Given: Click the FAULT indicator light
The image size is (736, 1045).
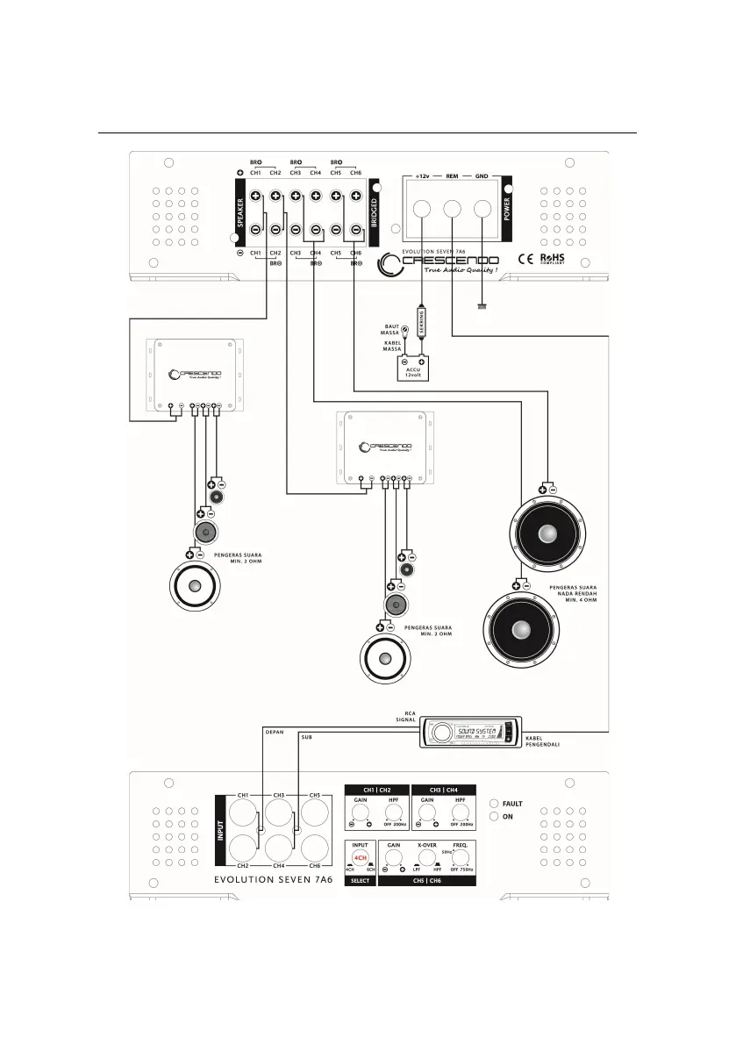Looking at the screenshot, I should click(x=495, y=803).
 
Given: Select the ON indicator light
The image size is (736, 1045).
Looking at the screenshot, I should click(x=495, y=816).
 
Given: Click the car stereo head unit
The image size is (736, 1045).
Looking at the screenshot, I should click(x=470, y=732).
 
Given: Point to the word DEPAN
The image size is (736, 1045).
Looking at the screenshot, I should click(x=275, y=728).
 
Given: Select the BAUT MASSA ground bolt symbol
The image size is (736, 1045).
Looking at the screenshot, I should click(x=404, y=326).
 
